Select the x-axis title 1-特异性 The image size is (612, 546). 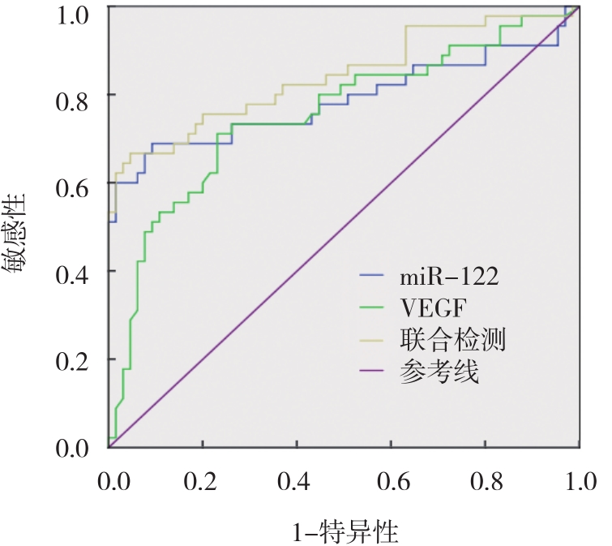click(346, 533)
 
